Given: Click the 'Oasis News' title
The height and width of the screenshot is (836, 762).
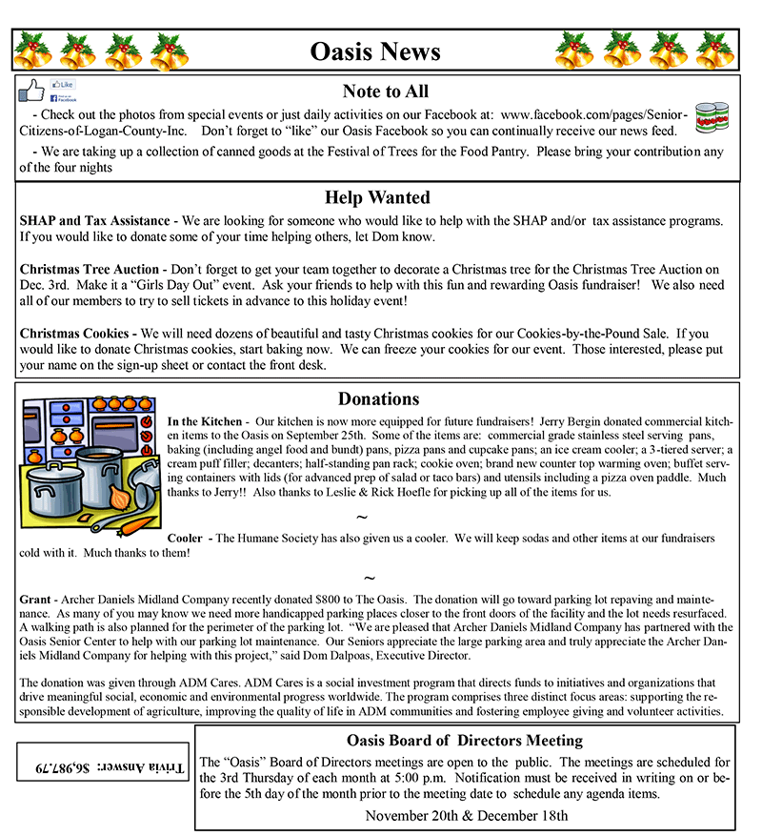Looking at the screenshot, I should tap(374, 51).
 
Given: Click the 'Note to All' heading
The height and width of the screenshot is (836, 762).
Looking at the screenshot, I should tap(385, 92).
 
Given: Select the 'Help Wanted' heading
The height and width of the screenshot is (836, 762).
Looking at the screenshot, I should tap(377, 197).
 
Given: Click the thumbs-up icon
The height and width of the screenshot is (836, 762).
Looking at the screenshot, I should tap(32, 92).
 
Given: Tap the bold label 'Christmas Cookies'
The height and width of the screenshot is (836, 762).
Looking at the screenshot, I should tap(76, 334).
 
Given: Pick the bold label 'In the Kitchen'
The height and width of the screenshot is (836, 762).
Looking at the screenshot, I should tap(204, 421).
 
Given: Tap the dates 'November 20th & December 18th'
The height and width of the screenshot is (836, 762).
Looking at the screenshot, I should tap(466, 815).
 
